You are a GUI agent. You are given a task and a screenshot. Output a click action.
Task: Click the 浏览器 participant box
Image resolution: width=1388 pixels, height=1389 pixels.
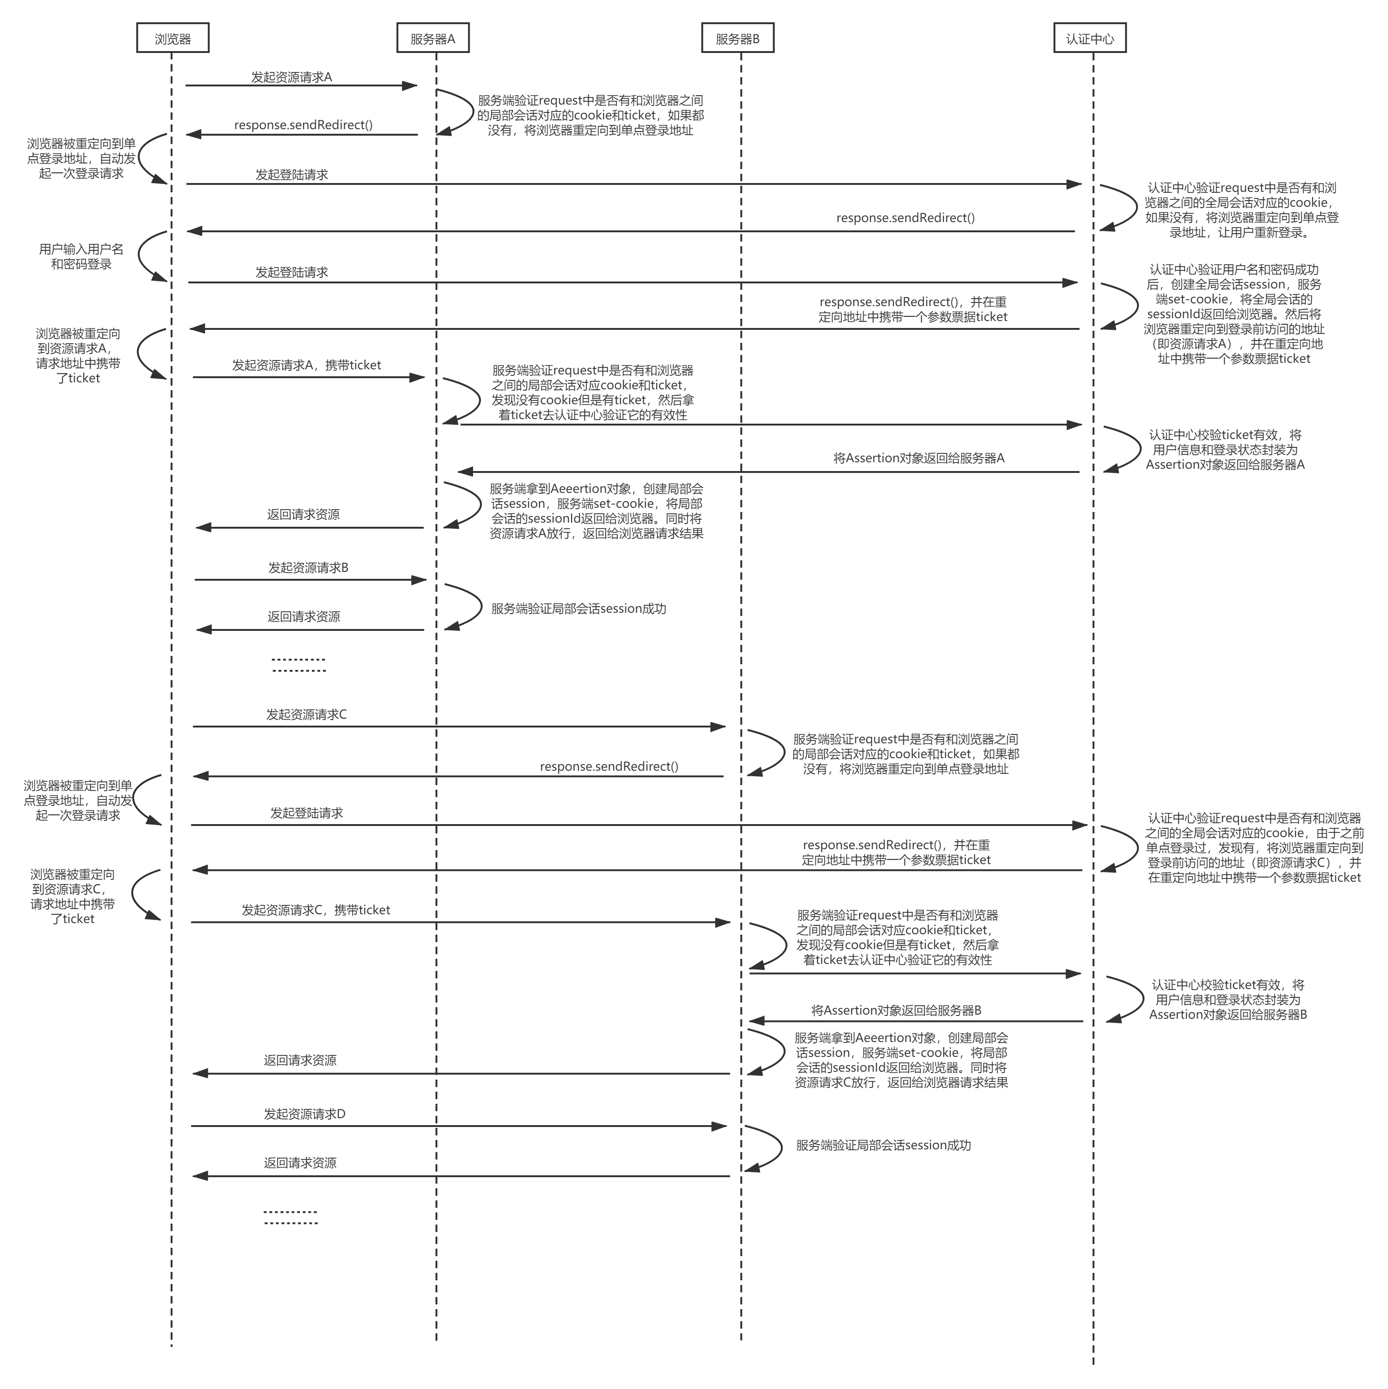(x=172, y=38)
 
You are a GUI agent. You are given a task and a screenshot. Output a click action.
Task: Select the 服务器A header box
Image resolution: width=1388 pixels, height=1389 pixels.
(x=433, y=38)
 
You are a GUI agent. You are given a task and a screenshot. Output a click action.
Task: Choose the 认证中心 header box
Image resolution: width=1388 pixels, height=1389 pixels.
(x=1090, y=38)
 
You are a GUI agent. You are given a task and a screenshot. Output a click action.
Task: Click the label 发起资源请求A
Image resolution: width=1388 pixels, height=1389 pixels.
(x=291, y=77)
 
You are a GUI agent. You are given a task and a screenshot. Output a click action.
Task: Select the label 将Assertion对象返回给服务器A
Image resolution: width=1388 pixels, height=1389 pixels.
(x=918, y=458)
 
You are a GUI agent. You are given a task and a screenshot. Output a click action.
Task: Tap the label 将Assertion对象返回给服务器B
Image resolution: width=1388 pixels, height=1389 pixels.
(x=896, y=1010)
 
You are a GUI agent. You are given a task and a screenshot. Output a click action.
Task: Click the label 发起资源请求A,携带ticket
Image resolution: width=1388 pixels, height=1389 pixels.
(x=306, y=365)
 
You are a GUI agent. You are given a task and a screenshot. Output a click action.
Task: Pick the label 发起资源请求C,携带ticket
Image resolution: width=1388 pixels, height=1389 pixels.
(x=316, y=910)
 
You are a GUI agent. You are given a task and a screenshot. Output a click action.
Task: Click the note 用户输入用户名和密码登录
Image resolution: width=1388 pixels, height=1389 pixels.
(x=81, y=256)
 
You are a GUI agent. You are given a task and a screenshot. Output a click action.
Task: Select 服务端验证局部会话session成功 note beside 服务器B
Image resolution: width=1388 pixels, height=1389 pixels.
(x=883, y=1145)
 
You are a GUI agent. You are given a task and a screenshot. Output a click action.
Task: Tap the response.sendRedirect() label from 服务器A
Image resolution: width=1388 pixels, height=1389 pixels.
(x=303, y=125)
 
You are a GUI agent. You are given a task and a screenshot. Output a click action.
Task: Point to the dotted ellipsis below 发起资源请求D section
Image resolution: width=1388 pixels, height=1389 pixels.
(x=290, y=1217)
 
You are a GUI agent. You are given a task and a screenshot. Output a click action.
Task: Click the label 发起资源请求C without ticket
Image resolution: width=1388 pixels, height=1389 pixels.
(x=306, y=714)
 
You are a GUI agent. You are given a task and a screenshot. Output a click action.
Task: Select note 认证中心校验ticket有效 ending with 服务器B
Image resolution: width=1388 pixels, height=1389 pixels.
(x=1228, y=999)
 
